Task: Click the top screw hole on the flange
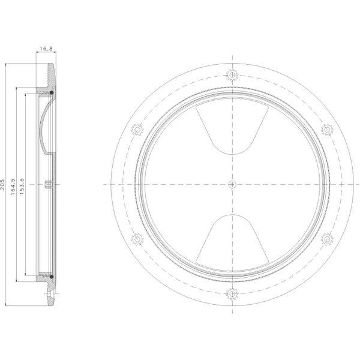(x=232, y=75)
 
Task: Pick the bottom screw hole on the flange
(x=232, y=293)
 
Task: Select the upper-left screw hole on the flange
(x=138, y=129)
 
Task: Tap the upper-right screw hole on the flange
(x=327, y=129)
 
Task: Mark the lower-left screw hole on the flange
(x=138, y=239)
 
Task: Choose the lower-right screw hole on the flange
(x=327, y=239)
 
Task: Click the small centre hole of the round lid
(x=232, y=184)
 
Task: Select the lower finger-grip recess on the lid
(x=232, y=240)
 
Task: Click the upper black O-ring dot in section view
(x=52, y=93)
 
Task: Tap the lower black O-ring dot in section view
(x=52, y=276)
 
